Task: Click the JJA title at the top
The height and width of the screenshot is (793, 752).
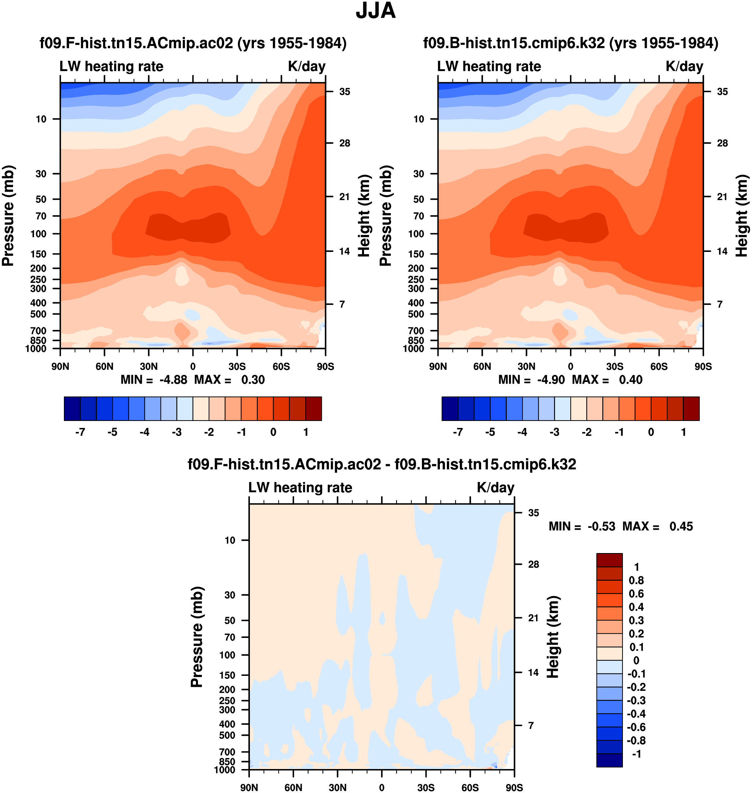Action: tap(376, 11)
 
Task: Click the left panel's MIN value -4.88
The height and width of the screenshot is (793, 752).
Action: tap(173, 380)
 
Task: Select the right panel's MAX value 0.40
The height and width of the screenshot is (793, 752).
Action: tap(631, 380)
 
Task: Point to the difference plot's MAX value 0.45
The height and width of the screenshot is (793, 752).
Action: tap(681, 526)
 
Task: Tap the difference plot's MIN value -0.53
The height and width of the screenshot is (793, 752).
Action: tap(601, 526)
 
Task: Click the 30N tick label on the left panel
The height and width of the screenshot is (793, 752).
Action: tap(149, 366)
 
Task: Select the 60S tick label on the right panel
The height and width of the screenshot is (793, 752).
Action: tap(658, 366)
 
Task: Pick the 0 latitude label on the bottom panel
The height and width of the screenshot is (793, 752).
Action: tap(382, 787)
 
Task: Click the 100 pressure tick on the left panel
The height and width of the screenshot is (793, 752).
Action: tap(39, 234)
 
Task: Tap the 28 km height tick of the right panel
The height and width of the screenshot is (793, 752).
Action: tap(722, 143)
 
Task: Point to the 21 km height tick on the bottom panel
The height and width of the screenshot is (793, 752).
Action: tap(533, 618)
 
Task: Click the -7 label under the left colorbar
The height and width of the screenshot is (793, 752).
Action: tap(80, 432)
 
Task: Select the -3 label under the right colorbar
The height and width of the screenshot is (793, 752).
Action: tap(554, 432)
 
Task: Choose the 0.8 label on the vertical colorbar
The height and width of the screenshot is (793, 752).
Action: tap(636, 580)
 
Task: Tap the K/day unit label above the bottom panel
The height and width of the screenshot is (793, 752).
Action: tap(495, 488)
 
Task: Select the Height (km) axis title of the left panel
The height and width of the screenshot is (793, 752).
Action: tap(364, 216)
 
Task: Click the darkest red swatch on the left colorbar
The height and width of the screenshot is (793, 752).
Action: tap(313, 409)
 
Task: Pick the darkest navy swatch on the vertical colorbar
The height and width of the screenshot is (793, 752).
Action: tap(609, 760)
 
